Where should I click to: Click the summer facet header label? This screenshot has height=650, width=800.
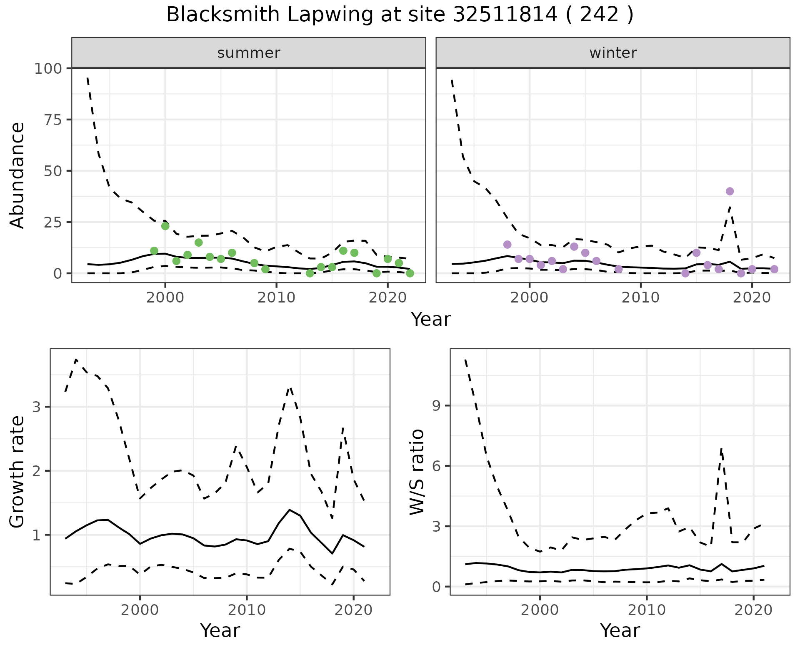tap(249, 53)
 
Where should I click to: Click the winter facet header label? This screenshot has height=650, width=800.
tap(613, 53)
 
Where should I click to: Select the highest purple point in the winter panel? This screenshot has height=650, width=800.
tap(730, 191)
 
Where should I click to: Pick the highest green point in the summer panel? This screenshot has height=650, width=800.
tap(165, 226)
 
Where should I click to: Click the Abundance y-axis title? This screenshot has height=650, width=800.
tap(17, 175)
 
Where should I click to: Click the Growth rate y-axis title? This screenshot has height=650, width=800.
tap(17, 472)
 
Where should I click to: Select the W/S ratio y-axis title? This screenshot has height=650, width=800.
tap(417, 472)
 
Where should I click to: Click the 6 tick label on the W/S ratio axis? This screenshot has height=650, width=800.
tap(437, 466)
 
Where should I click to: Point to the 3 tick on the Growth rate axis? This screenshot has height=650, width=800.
tap(36, 407)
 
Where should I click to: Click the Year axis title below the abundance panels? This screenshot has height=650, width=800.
tap(431, 320)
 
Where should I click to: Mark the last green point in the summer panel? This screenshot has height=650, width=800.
tap(410, 273)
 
